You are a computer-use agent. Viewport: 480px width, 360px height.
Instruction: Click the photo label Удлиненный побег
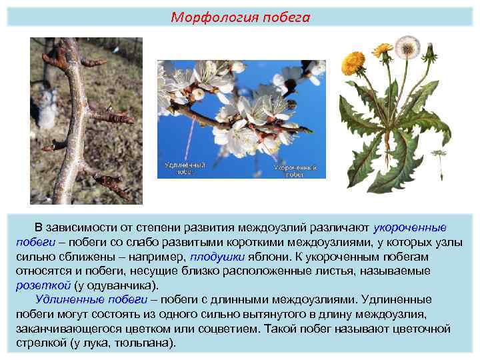coord(184,167)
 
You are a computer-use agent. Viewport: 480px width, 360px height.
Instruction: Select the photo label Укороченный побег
coord(295,171)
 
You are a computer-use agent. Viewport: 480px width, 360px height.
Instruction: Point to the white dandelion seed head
coord(407,47)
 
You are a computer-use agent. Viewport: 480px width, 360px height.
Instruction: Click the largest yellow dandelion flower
coord(353,62)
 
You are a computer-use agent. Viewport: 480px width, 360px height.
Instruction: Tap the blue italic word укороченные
coord(409,227)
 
